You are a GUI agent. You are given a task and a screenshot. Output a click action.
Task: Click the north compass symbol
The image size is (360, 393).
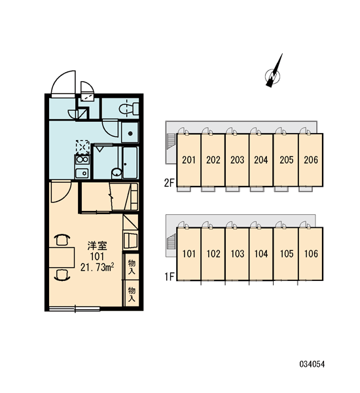point(274,72)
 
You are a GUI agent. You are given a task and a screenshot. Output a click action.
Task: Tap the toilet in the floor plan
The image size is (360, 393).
point(129,109)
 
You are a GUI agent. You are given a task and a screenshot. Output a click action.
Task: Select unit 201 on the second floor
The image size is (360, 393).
point(189,160)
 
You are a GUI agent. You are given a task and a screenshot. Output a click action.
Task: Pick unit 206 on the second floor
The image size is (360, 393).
point(311,160)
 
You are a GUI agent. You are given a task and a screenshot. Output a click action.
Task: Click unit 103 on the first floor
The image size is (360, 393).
point(237,254)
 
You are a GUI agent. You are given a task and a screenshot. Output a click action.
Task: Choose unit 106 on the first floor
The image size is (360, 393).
point(311,254)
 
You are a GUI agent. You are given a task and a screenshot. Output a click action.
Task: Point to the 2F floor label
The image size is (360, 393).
point(169,183)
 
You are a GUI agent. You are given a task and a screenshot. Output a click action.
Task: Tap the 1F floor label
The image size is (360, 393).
point(170,276)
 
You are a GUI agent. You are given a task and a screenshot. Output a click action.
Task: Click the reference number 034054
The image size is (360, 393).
point(312,364)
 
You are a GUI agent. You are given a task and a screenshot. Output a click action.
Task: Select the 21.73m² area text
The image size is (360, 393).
point(98,267)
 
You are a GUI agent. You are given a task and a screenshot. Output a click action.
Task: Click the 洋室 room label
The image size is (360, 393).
point(98,246)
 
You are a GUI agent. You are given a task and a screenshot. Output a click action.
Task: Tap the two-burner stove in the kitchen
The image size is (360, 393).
point(82,159)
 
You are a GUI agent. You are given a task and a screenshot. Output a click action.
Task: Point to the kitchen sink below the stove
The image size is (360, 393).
point(82,173)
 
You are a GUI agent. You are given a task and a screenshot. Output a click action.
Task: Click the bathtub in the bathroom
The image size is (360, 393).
point(130,162)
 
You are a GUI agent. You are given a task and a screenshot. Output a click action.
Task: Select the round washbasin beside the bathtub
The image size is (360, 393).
point(117,172)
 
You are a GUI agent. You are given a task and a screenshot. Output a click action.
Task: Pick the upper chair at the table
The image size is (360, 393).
point(62,239)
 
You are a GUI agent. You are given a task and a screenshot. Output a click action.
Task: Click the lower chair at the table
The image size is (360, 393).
point(62,274)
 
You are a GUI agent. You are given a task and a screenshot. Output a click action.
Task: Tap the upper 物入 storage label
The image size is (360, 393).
point(132,267)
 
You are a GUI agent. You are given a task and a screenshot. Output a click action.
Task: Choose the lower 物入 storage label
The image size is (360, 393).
point(132,294)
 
